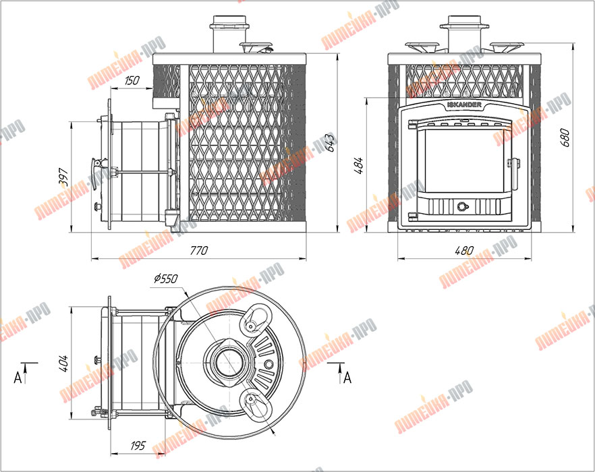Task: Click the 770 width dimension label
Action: (x=199, y=250)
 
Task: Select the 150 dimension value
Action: (x=132, y=80)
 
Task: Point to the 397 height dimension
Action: (x=63, y=177)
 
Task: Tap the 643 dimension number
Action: (x=331, y=143)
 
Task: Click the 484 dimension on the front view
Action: (x=359, y=165)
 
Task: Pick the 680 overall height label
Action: (x=565, y=138)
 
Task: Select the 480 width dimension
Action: (x=464, y=251)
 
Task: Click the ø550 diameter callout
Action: (x=165, y=278)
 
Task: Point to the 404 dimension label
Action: (x=63, y=363)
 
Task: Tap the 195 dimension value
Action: (x=138, y=445)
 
